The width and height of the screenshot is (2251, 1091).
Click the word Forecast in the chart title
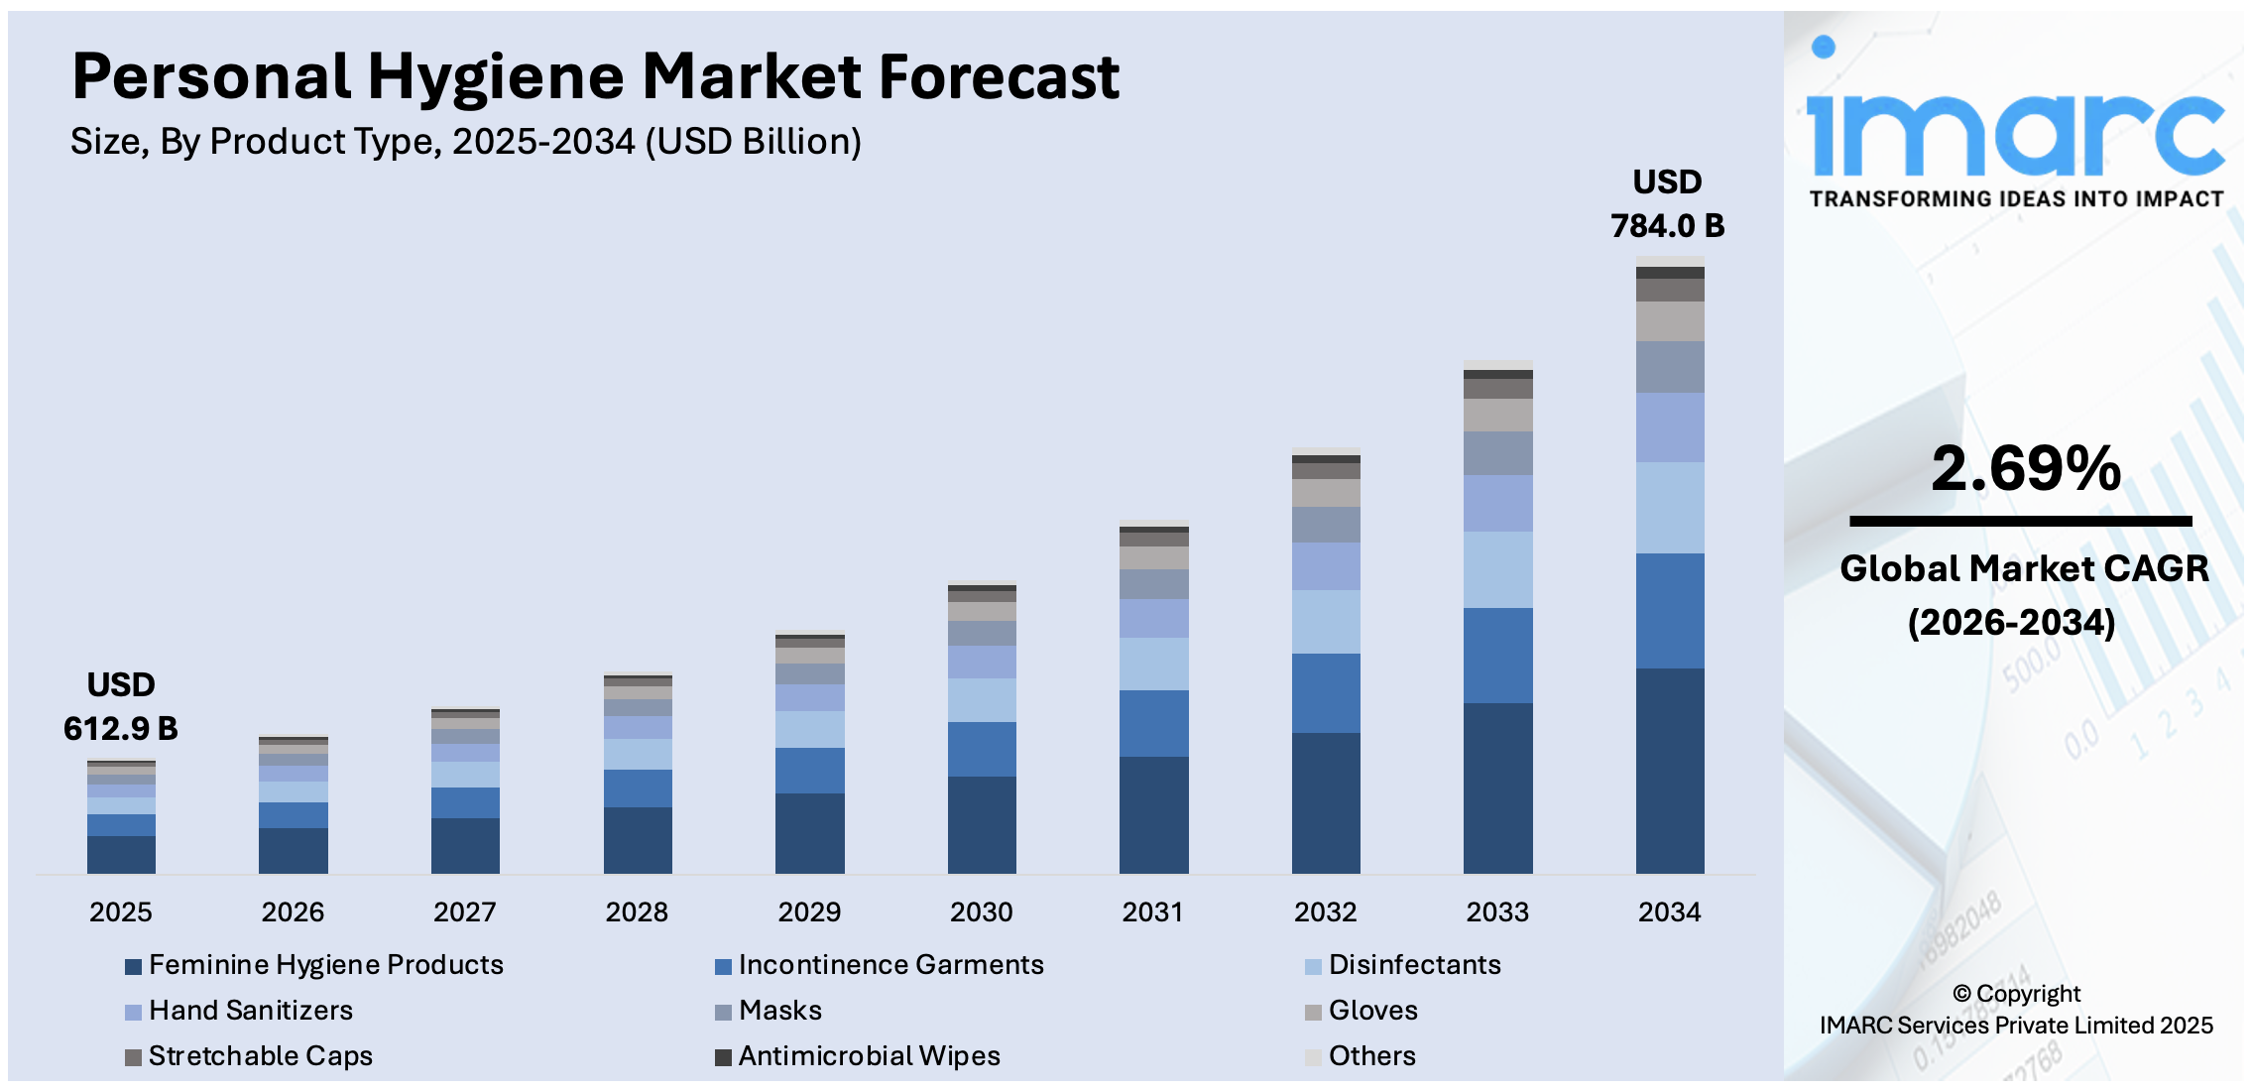(999, 77)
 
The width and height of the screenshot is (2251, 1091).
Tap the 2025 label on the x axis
(121, 911)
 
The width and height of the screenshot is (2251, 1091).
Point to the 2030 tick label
(981, 911)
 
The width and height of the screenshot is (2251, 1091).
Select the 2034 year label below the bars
(1669, 911)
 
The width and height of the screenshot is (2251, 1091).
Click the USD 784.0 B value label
(1667, 204)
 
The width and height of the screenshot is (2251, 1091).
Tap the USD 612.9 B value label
(121, 706)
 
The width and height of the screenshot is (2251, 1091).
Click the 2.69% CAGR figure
(2025, 468)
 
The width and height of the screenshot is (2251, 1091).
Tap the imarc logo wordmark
(2015, 134)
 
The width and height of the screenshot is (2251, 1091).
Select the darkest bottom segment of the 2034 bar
(1670, 771)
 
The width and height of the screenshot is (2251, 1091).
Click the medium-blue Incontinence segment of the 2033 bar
(1497, 656)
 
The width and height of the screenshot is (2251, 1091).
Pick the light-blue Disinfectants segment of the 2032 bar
(1326, 622)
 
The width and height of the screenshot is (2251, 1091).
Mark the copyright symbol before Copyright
(1961, 994)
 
